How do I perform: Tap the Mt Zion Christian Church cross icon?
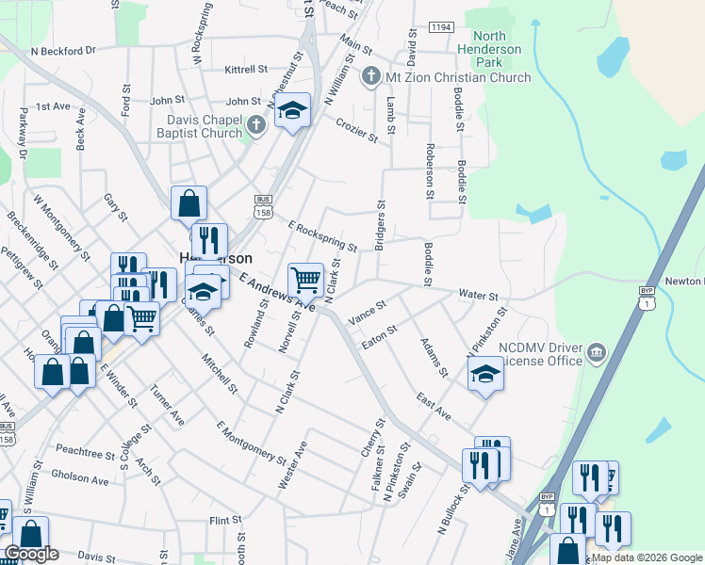pyautogui.click(x=372, y=76)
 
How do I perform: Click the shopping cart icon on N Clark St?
pyautogui.click(x=305, y=280)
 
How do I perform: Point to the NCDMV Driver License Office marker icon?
pyautogui.click(x=596, y=354)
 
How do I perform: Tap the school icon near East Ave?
pyautogui.click(x=486, y=374)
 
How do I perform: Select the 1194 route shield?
pyautogui.click(x=441, y=28)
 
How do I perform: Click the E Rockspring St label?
pyautogui.click(x=323, y=237)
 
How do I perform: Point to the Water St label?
pyautogui.click(x=478, y=296)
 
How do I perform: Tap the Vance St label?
pyautogui.click(x=367, y=312)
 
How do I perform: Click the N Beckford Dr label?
pyautogui.click(x=63, y=51)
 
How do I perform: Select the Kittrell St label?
pyautogui.click(x=247, y=70)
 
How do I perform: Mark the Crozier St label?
pyautogui.click(x=357, y=130)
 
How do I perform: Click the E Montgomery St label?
pyautogui.click(x=251, y=443)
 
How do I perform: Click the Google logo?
pyautogui.click(x=31, y=554)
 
